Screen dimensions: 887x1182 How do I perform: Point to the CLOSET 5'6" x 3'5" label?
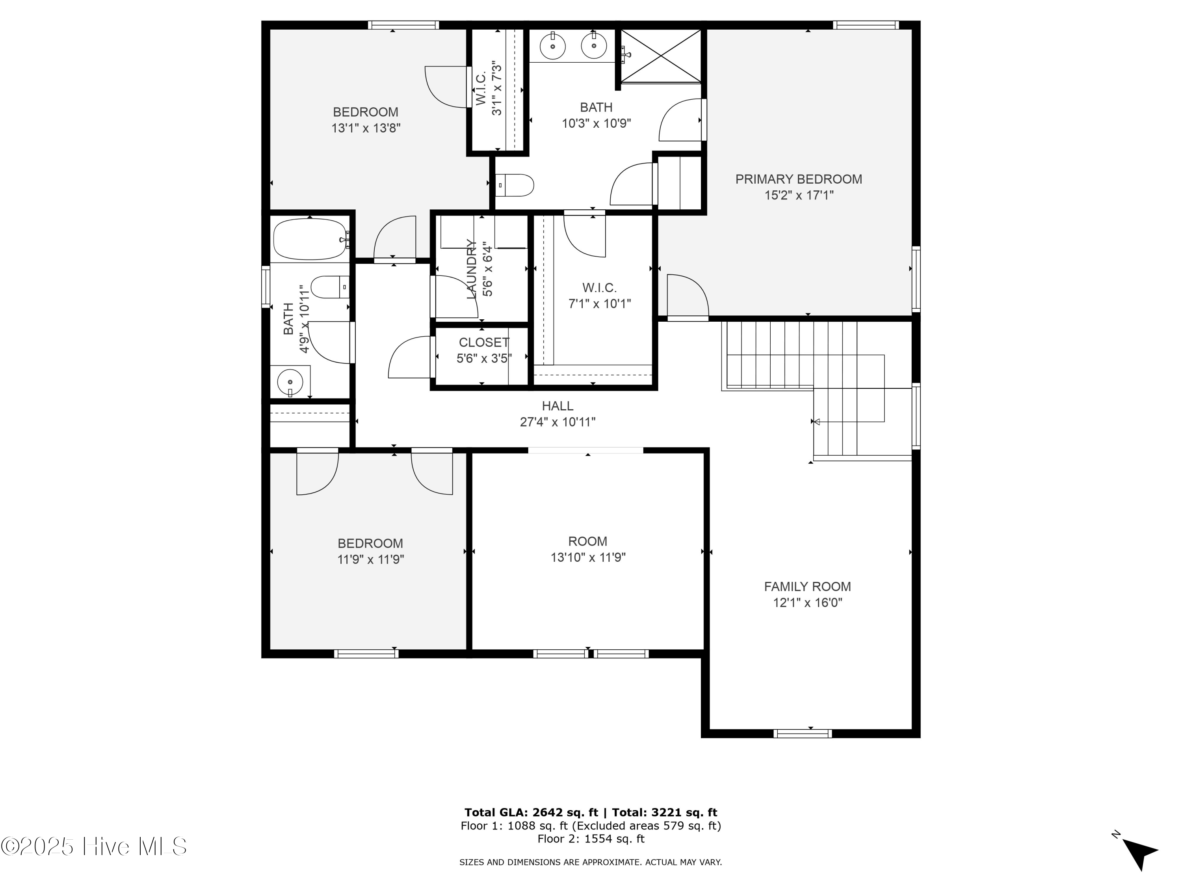(x=483, y=350)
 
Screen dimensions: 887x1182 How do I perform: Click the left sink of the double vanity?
(x=552, y=46)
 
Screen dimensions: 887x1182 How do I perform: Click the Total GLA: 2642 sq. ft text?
(x=531, y=812)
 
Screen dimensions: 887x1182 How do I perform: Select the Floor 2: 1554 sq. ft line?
(x=591, y=839)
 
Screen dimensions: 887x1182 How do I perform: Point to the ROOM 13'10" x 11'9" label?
(x=588, y=549)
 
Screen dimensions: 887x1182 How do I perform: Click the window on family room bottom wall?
(x=802, y=734)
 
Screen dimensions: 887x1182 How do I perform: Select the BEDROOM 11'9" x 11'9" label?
(x=370, y=551)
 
